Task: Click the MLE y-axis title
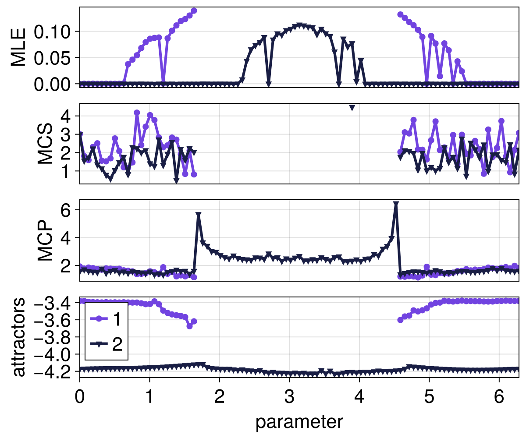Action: click(x=18, y=47)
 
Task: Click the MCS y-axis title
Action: click(x=45, y=144)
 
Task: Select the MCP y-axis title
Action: click(x=45, y=240)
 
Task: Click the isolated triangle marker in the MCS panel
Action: click(x=352, y=108)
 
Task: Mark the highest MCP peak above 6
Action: click(x=396, y=205)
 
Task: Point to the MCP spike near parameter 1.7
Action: click(x=199, y=215)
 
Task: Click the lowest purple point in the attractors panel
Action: click(x=189, y=326)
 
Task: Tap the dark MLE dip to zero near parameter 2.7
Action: click(x=268, y=83)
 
